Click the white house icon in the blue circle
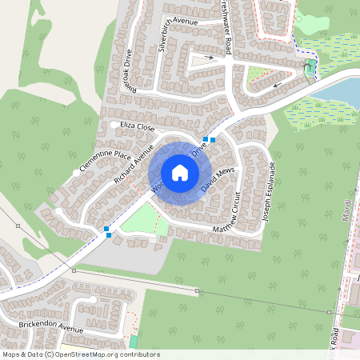tap(180, 173)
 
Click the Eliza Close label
tap(137, 126)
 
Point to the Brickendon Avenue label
tap(51, 329)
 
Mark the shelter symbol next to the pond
tap(310, 70)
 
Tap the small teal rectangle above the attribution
tap(134, 342)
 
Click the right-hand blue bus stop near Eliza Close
tap(213, 139)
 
